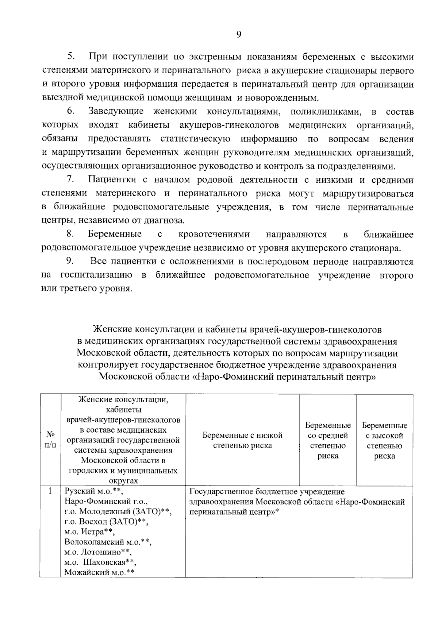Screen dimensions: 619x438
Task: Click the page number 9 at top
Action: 238,35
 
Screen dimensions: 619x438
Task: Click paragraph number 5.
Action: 70,57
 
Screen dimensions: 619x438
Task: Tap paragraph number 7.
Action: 70,180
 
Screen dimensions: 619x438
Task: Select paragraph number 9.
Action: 70,262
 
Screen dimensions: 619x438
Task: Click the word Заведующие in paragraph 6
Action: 116,112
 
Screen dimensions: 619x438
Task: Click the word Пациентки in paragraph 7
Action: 112,180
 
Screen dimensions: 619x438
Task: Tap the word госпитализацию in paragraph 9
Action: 96,275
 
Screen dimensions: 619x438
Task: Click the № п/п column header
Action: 51,440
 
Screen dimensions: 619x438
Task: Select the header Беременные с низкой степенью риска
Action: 242,440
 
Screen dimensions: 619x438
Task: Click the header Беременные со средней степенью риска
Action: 328,440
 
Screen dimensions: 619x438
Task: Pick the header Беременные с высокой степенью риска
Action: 384,440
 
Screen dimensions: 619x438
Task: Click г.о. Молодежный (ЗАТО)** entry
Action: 118,511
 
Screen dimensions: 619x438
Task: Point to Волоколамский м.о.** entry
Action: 108,542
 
